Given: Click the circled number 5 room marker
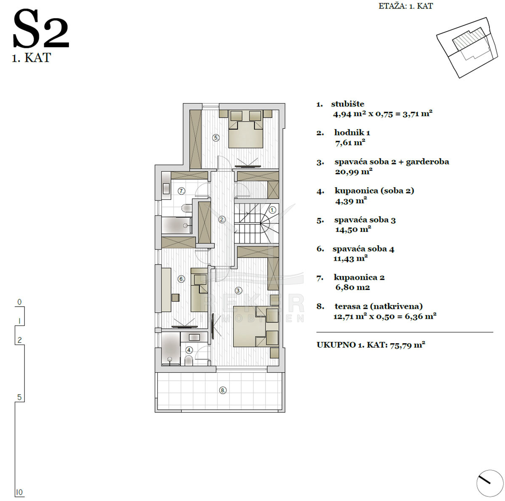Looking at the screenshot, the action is (216, 138).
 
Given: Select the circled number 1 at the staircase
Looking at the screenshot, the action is (273, 210).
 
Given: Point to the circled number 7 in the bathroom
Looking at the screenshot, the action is (181, 191).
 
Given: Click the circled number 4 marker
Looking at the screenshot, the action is (189, 350).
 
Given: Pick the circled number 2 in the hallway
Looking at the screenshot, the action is (222, 219).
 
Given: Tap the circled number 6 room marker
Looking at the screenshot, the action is (181, 279).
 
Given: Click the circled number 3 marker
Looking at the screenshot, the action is (239, 290).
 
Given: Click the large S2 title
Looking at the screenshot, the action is (41, 29).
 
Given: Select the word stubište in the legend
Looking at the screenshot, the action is (348, 104).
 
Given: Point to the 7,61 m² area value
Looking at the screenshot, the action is (350, 143).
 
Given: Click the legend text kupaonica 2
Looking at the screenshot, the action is (359, 277).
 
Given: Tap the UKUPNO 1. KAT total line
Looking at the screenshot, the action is (371, 345).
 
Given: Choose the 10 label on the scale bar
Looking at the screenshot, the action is (19, 492).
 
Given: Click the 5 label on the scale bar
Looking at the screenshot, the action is (19, 397).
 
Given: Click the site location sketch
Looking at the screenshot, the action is (467, 48).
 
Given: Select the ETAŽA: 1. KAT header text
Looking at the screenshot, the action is (406, 6).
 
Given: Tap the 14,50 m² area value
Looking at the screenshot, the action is (353, 230).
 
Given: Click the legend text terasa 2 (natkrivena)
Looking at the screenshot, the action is (378, 306).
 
